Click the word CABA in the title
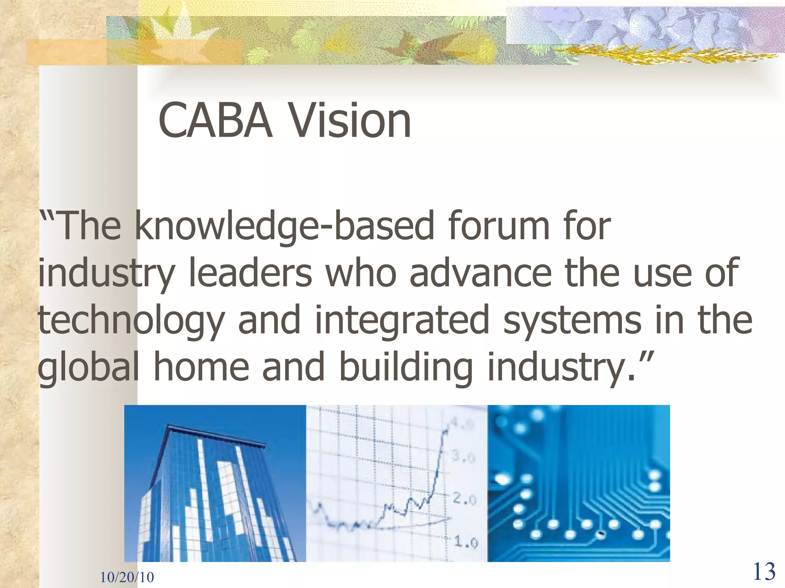point(215,121)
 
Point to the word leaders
point(251,273)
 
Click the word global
point(88,367)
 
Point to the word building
point(406,367)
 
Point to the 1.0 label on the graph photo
point(466,542)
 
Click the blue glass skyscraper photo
point(215,483)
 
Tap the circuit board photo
point(578,483)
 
